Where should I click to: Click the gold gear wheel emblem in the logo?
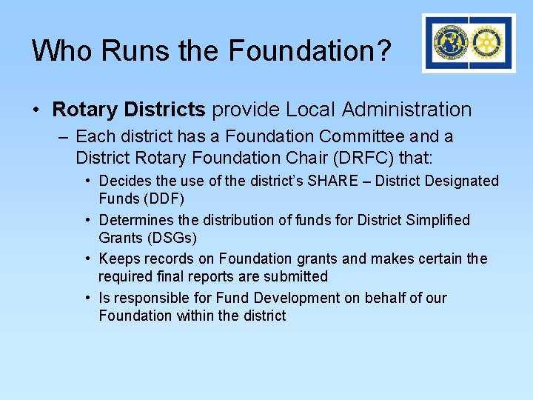(486, 43)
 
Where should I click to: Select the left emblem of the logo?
(451, 43)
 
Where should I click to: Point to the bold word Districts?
(164, 110)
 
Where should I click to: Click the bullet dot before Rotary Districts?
(36, 110)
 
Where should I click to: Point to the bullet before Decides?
(87, 181)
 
